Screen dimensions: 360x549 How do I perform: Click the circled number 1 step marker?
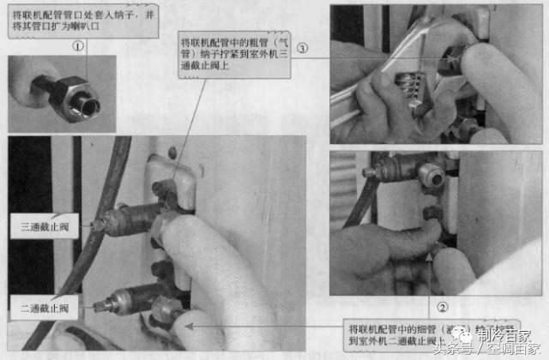coord(78,47)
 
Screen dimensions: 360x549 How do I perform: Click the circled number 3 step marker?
coord(303,48)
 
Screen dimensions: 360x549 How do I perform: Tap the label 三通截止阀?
coord(49,226)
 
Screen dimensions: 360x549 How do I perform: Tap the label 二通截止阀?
coord(49,305)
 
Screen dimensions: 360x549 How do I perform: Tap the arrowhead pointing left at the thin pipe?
coord(198,325)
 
